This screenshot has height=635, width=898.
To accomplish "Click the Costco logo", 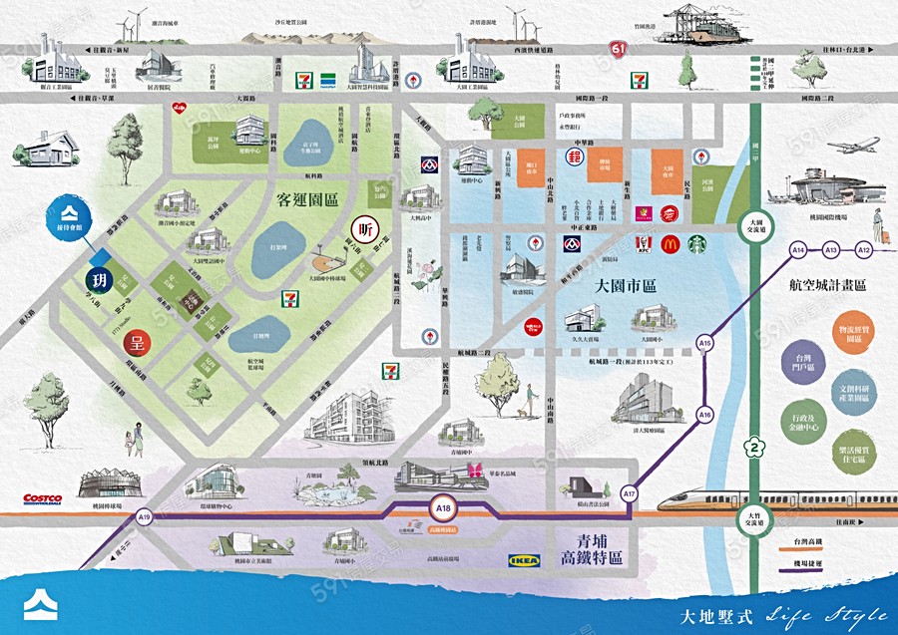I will [43, 497].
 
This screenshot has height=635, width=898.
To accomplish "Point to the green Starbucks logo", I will [696, 243].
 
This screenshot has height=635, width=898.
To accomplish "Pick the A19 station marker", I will [145, 516].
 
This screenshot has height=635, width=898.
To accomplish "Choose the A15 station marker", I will [705, 344].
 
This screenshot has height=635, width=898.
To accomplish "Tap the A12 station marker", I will [864, 248].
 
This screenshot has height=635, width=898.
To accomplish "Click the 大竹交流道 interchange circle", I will [755, 520].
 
